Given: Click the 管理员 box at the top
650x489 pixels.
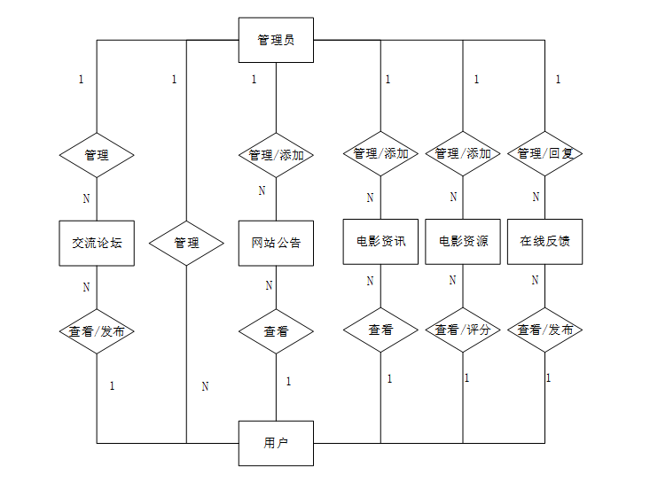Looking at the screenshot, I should pyautogui.click(x=276, y=40).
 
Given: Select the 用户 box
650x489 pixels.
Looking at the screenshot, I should pyautogui.click(x=276, y=443).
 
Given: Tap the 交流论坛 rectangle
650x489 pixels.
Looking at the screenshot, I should pyautogui.click(x=97, y=242).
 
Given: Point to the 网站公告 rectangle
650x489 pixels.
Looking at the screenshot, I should pyautogui.click(x=276, y=242).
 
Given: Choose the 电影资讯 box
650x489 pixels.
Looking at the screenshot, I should pyautogui.click(x=380, y=241).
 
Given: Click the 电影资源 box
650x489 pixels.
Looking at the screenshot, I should pyautogui.click(x=463, y=241).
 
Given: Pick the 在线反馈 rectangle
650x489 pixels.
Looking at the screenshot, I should pyautogui.click(x=544, y=241).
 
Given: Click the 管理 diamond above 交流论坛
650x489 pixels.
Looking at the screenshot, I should pyautogui.click(x=97, y=155).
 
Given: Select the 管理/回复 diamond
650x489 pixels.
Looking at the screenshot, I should pyautogui.click(x=544, y=153).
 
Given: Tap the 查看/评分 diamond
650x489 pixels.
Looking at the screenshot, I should pyautogui.click(x=463, y=330).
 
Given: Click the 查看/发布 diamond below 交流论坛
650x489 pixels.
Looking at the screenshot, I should pyautogui.click(x=97, y=331).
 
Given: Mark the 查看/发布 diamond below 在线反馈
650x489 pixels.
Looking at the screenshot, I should pyautogui.click(x=544, y=330).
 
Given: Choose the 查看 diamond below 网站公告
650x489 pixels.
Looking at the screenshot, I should pyautogui.click(x=276, y=331).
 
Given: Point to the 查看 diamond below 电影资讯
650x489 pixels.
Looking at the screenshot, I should pyautogui.click(x=380, y=330).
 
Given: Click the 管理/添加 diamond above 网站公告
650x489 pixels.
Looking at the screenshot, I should pyautogui.click(x=276, y=155).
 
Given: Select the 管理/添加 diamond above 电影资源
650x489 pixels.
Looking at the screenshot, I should pyautogui.click(x=463, y=153).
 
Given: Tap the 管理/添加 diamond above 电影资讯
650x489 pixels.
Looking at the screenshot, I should pyautogui.click(x=380, y=153).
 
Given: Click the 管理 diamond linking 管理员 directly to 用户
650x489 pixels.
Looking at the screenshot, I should pyautogui.click(x=186, y=242).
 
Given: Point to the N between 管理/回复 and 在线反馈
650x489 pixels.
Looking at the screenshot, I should pyautogui.click(x=536, y=197).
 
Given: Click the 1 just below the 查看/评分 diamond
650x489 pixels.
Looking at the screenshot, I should pyautogui.click(x=466, y=378).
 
